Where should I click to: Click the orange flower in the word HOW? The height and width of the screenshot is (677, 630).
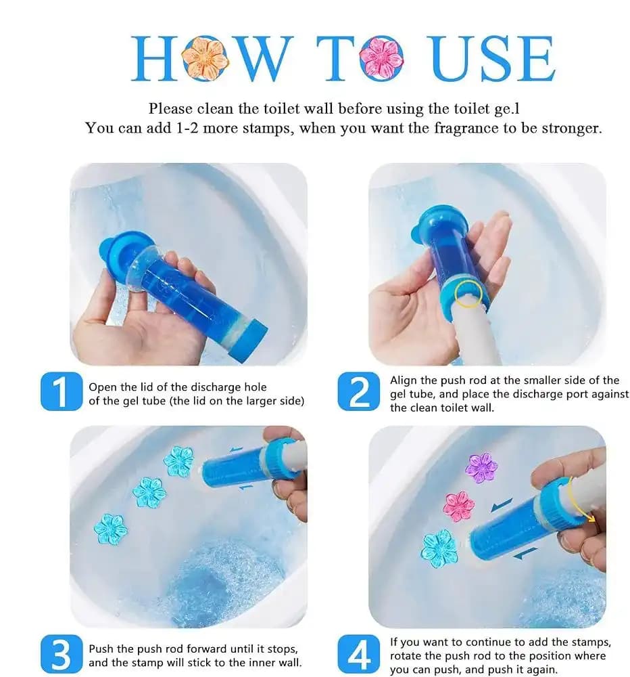pos(204,58)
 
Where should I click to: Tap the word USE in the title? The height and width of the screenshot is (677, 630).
pos(493,59)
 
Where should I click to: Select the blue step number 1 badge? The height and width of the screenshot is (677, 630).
pos(62,391)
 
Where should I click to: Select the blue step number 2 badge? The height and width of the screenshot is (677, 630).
pos(359,391)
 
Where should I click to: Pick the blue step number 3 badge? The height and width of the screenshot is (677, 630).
pos(62,654)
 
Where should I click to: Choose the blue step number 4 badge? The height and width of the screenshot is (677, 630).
pos(359,654)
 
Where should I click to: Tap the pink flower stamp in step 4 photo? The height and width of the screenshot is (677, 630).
pos(459,506)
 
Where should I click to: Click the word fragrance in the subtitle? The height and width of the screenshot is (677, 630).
pos(466,128)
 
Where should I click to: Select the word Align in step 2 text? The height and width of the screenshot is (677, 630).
pos(403,380)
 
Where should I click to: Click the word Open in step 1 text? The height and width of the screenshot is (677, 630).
pos(103,387)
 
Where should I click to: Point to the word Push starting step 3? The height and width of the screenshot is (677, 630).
pos(101,649)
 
